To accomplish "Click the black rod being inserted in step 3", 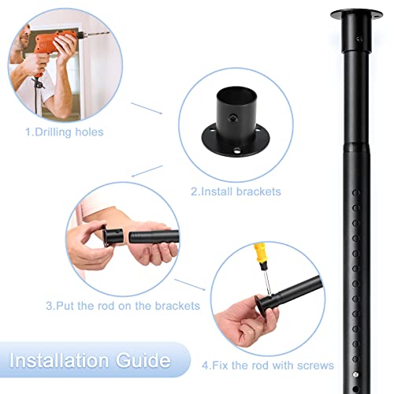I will [x=154, y=240].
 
